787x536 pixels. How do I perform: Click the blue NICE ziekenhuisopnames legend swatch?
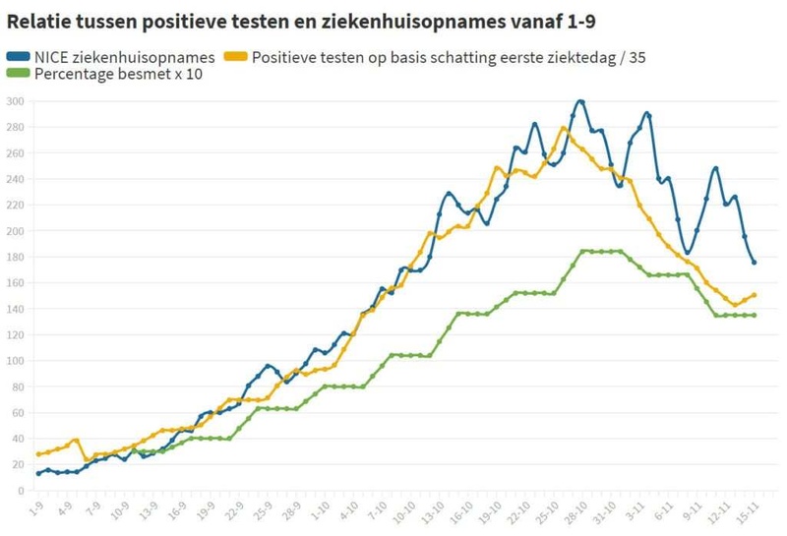pos(19,57)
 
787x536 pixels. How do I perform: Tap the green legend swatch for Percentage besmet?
pos(19,74)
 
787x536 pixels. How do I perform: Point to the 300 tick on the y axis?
pos(15,101)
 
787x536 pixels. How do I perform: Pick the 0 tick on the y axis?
pos(21,491)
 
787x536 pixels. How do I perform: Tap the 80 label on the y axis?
pos(17,387)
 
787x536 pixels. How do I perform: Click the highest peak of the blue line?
pos(580,101)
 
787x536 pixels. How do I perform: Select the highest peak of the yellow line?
pos(564,128)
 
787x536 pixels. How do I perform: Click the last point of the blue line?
pos(755,263)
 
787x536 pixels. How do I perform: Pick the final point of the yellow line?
pos(755,294)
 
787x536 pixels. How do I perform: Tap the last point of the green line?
pos(755,315)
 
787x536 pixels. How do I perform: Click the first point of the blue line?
pos(38,473)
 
